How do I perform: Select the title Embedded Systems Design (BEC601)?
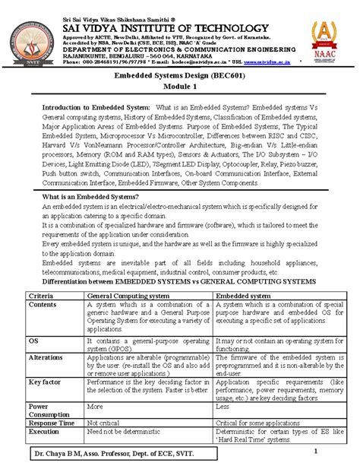tap(180, 78)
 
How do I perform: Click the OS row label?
tap(33, 342)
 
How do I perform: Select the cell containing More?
tap(95, 407)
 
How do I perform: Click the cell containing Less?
tap(223, 407)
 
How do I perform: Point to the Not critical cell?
tap(106, 422)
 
